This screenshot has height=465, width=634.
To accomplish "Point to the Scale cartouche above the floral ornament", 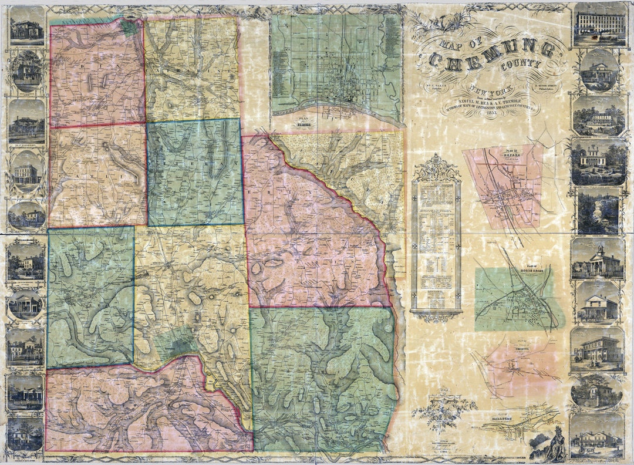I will (444, 395).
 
